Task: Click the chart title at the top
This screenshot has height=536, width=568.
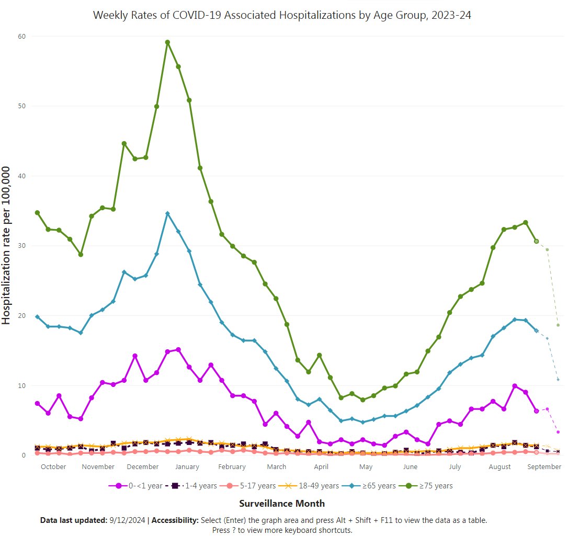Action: tap(282, 15)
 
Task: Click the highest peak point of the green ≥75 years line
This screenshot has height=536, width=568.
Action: tap(167, 42)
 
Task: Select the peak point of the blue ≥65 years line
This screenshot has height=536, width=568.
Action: tap(167, 213)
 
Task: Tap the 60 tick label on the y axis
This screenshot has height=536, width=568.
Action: tap(22, 36)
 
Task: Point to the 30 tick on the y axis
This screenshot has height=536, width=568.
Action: tap(22, 246)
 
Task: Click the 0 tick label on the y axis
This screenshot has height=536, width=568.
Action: tap(24, 455)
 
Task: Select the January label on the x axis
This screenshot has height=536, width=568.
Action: tap(187, 467)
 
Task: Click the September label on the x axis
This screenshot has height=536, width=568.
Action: tap(544, 467)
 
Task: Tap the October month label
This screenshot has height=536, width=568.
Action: tap(53, 467)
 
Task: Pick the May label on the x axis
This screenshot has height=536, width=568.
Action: tap(366, 467)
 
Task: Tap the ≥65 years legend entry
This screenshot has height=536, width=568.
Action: tap(372, 486)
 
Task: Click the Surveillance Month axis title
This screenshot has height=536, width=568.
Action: tap(282, 504)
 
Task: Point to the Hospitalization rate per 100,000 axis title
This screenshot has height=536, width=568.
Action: tap(7, 246)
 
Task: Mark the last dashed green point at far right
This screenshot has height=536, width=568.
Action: tap(558, 325)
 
